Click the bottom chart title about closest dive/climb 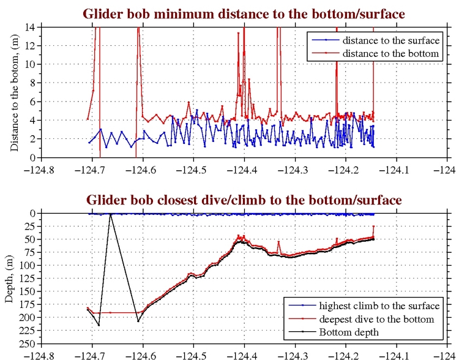[x=244, y=200]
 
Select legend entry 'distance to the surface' [x=390, y=40]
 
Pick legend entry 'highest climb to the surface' [x=379, y=306]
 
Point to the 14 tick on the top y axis [x=34, y=27]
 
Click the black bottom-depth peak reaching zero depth [x=111, y=214]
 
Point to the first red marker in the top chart [x=88, y=119]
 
